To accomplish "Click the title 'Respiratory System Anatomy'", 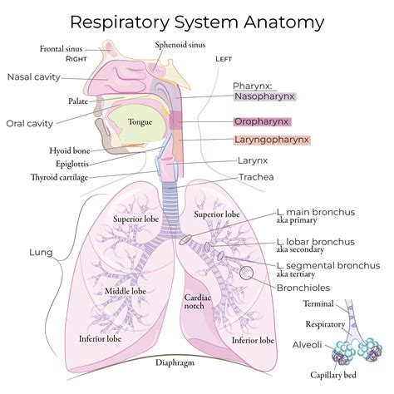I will tap(197, 20).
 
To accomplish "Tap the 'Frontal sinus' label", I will tap(62, 49).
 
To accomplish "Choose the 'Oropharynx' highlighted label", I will tap(261, 121).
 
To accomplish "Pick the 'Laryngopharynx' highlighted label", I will tap(271, 140).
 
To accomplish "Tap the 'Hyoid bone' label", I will tap(70, 150).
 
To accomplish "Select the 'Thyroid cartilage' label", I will tap(59, 177).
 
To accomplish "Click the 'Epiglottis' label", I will tap(72, 164).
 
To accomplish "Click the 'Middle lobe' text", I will tap(126, 291).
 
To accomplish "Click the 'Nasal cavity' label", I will tap(35, 77).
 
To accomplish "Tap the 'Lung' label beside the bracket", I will tap(41, 252).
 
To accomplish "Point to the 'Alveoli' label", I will tap(314, 344).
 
